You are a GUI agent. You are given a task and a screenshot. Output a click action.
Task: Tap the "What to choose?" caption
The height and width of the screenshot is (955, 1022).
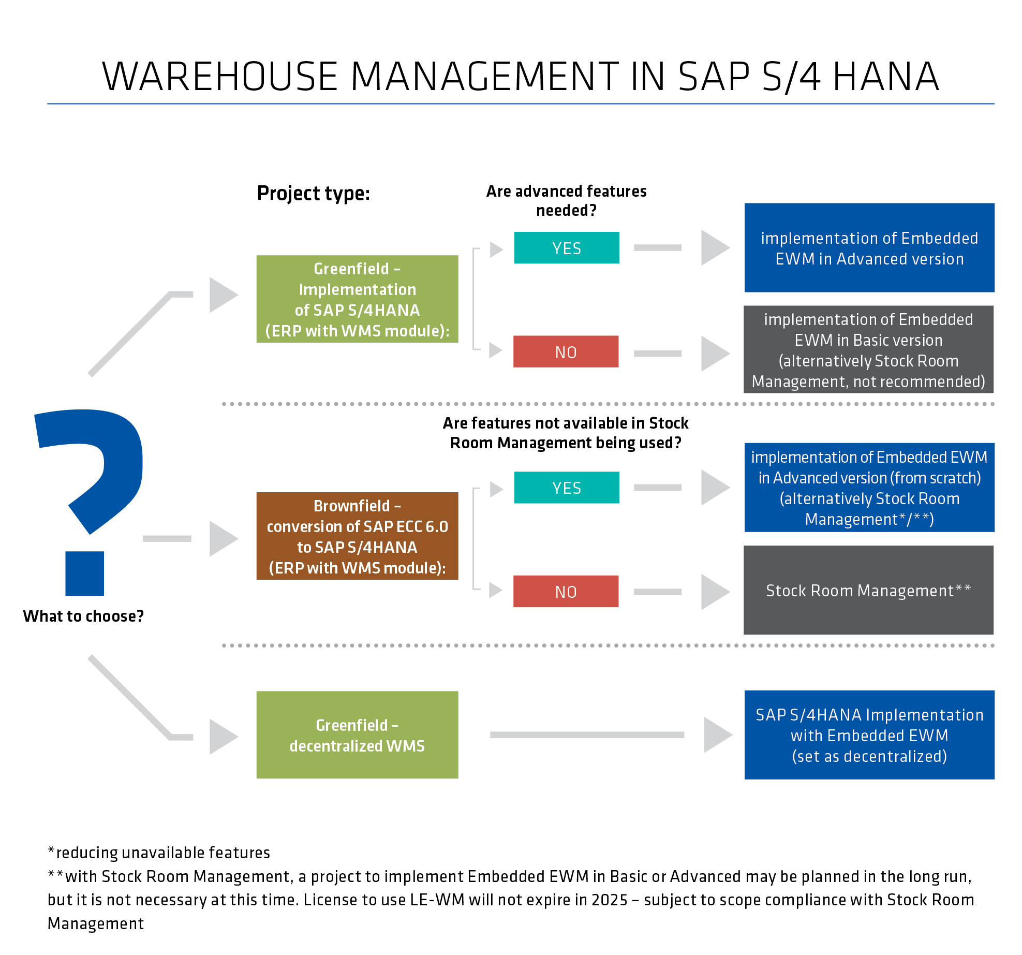83,616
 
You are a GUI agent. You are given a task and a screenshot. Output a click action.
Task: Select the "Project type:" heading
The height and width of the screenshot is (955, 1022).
314,194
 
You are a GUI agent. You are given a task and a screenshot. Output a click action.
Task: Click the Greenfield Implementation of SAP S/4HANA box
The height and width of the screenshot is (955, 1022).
357,299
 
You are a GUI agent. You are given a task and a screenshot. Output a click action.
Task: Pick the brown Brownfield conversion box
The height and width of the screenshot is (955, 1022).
357,536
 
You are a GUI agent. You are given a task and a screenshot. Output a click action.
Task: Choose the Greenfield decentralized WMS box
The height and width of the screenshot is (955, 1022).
357,735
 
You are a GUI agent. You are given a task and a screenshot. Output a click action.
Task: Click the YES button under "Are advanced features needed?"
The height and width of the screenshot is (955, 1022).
567,248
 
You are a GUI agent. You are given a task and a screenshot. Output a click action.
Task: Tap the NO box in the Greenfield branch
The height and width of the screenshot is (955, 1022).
566,352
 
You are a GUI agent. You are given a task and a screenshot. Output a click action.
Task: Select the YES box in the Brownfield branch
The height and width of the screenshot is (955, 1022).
567,488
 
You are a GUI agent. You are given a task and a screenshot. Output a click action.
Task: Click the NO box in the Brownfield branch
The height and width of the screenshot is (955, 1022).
566,592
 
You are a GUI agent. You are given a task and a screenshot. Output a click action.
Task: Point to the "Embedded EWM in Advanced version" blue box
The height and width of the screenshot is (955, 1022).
869,248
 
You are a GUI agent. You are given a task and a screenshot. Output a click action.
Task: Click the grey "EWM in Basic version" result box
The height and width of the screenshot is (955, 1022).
868,350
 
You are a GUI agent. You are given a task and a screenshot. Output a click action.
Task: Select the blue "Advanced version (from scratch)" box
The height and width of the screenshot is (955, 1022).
869,488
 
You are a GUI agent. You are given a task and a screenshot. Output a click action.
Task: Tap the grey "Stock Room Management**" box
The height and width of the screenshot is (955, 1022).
868,590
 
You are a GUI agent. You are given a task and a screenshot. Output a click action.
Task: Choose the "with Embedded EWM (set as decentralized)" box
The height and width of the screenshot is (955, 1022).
869,735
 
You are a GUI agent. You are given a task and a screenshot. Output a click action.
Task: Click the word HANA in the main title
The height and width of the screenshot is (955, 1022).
886,77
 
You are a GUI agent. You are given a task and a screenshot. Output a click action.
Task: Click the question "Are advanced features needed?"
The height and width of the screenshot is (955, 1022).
566,201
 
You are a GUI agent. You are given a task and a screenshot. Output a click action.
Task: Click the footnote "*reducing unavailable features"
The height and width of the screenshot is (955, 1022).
159,853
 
